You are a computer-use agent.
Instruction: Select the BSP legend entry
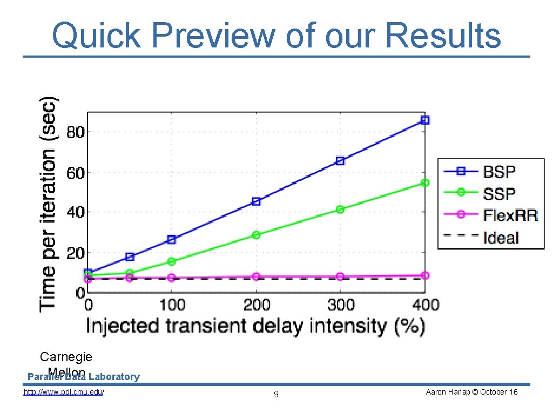click(x=499, y=172)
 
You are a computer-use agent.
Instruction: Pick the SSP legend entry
click(x=499, y=194)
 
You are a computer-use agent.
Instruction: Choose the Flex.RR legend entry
click(x=510, y=215)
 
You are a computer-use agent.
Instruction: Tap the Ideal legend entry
click(x=501, y=237)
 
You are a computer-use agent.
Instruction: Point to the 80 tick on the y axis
click(x=75, y=132)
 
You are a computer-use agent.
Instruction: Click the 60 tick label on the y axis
click(x=75, y=173)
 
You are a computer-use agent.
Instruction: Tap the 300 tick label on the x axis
click(x=340, y=305)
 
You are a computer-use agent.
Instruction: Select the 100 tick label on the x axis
click(x=172, y=305)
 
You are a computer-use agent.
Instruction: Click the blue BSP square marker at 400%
click(x=425, y=120)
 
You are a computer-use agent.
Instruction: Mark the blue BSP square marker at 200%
click(x=256, y=202)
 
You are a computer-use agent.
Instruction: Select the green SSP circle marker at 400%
click(x=425, y=183)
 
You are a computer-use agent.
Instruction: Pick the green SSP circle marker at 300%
click(x=340, y=209)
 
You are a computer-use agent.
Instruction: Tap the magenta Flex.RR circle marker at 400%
click(x=425, y=275)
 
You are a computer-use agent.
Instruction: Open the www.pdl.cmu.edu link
click(x=64, y=392)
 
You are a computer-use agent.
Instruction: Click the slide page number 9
click(x=276, y=395)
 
